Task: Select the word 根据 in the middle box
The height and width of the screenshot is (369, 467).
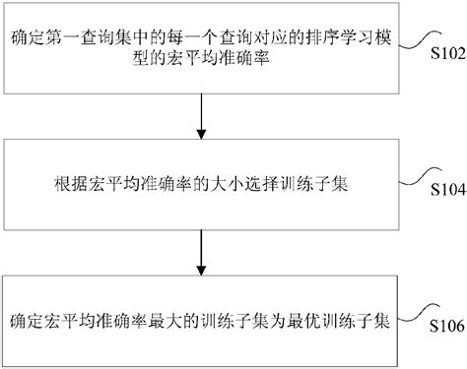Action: pos(62,184)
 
